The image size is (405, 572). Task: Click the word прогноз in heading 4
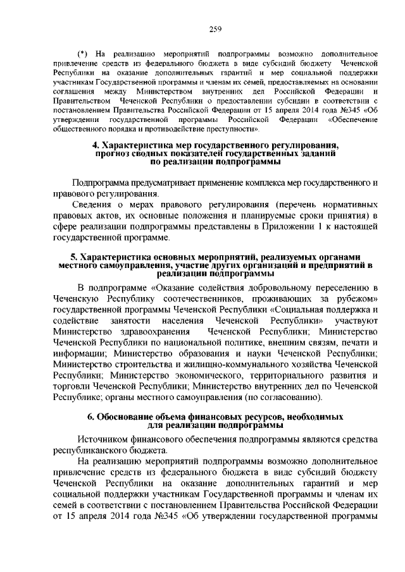[x=114, y=154]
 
